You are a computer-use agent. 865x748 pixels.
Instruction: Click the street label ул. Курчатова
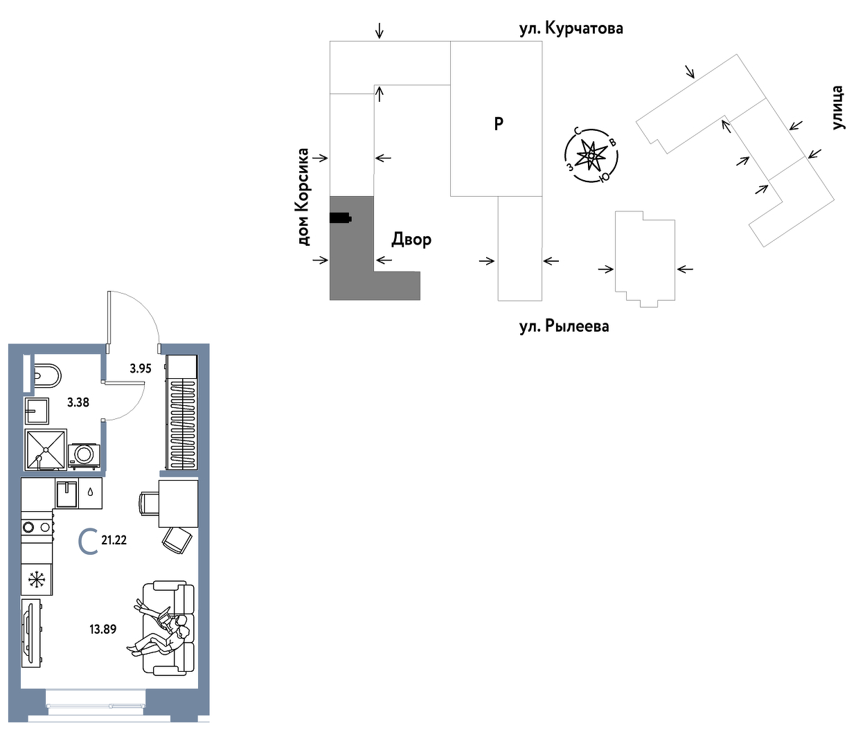(x=571, y=28)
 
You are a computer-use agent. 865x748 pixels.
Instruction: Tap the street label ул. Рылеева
(x=564, y=326)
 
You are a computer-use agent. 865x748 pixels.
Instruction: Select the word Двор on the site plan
(x=411, y=240)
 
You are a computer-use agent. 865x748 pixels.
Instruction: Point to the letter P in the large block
(x=499, y=124)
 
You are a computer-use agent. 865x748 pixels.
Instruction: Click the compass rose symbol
(x=591, y=156)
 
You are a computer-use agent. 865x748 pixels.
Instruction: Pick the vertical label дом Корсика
(x=303, y=197)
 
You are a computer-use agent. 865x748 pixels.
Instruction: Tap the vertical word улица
(x=837, y=108)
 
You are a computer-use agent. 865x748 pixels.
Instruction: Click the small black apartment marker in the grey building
(x=340, y=218)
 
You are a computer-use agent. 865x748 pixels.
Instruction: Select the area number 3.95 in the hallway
(x=140, y=368)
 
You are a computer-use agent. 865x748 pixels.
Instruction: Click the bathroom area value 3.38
(x=78, y=402)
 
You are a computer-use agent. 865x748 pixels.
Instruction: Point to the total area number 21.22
(x=114, y=540)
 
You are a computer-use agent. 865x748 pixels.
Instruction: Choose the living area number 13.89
(x=102, y=630)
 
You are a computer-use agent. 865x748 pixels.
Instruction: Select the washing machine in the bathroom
(x=84, y=454)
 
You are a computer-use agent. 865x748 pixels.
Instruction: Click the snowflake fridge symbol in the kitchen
(x=37, y=580)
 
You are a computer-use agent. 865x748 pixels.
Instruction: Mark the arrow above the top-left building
(x=379, y=30)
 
